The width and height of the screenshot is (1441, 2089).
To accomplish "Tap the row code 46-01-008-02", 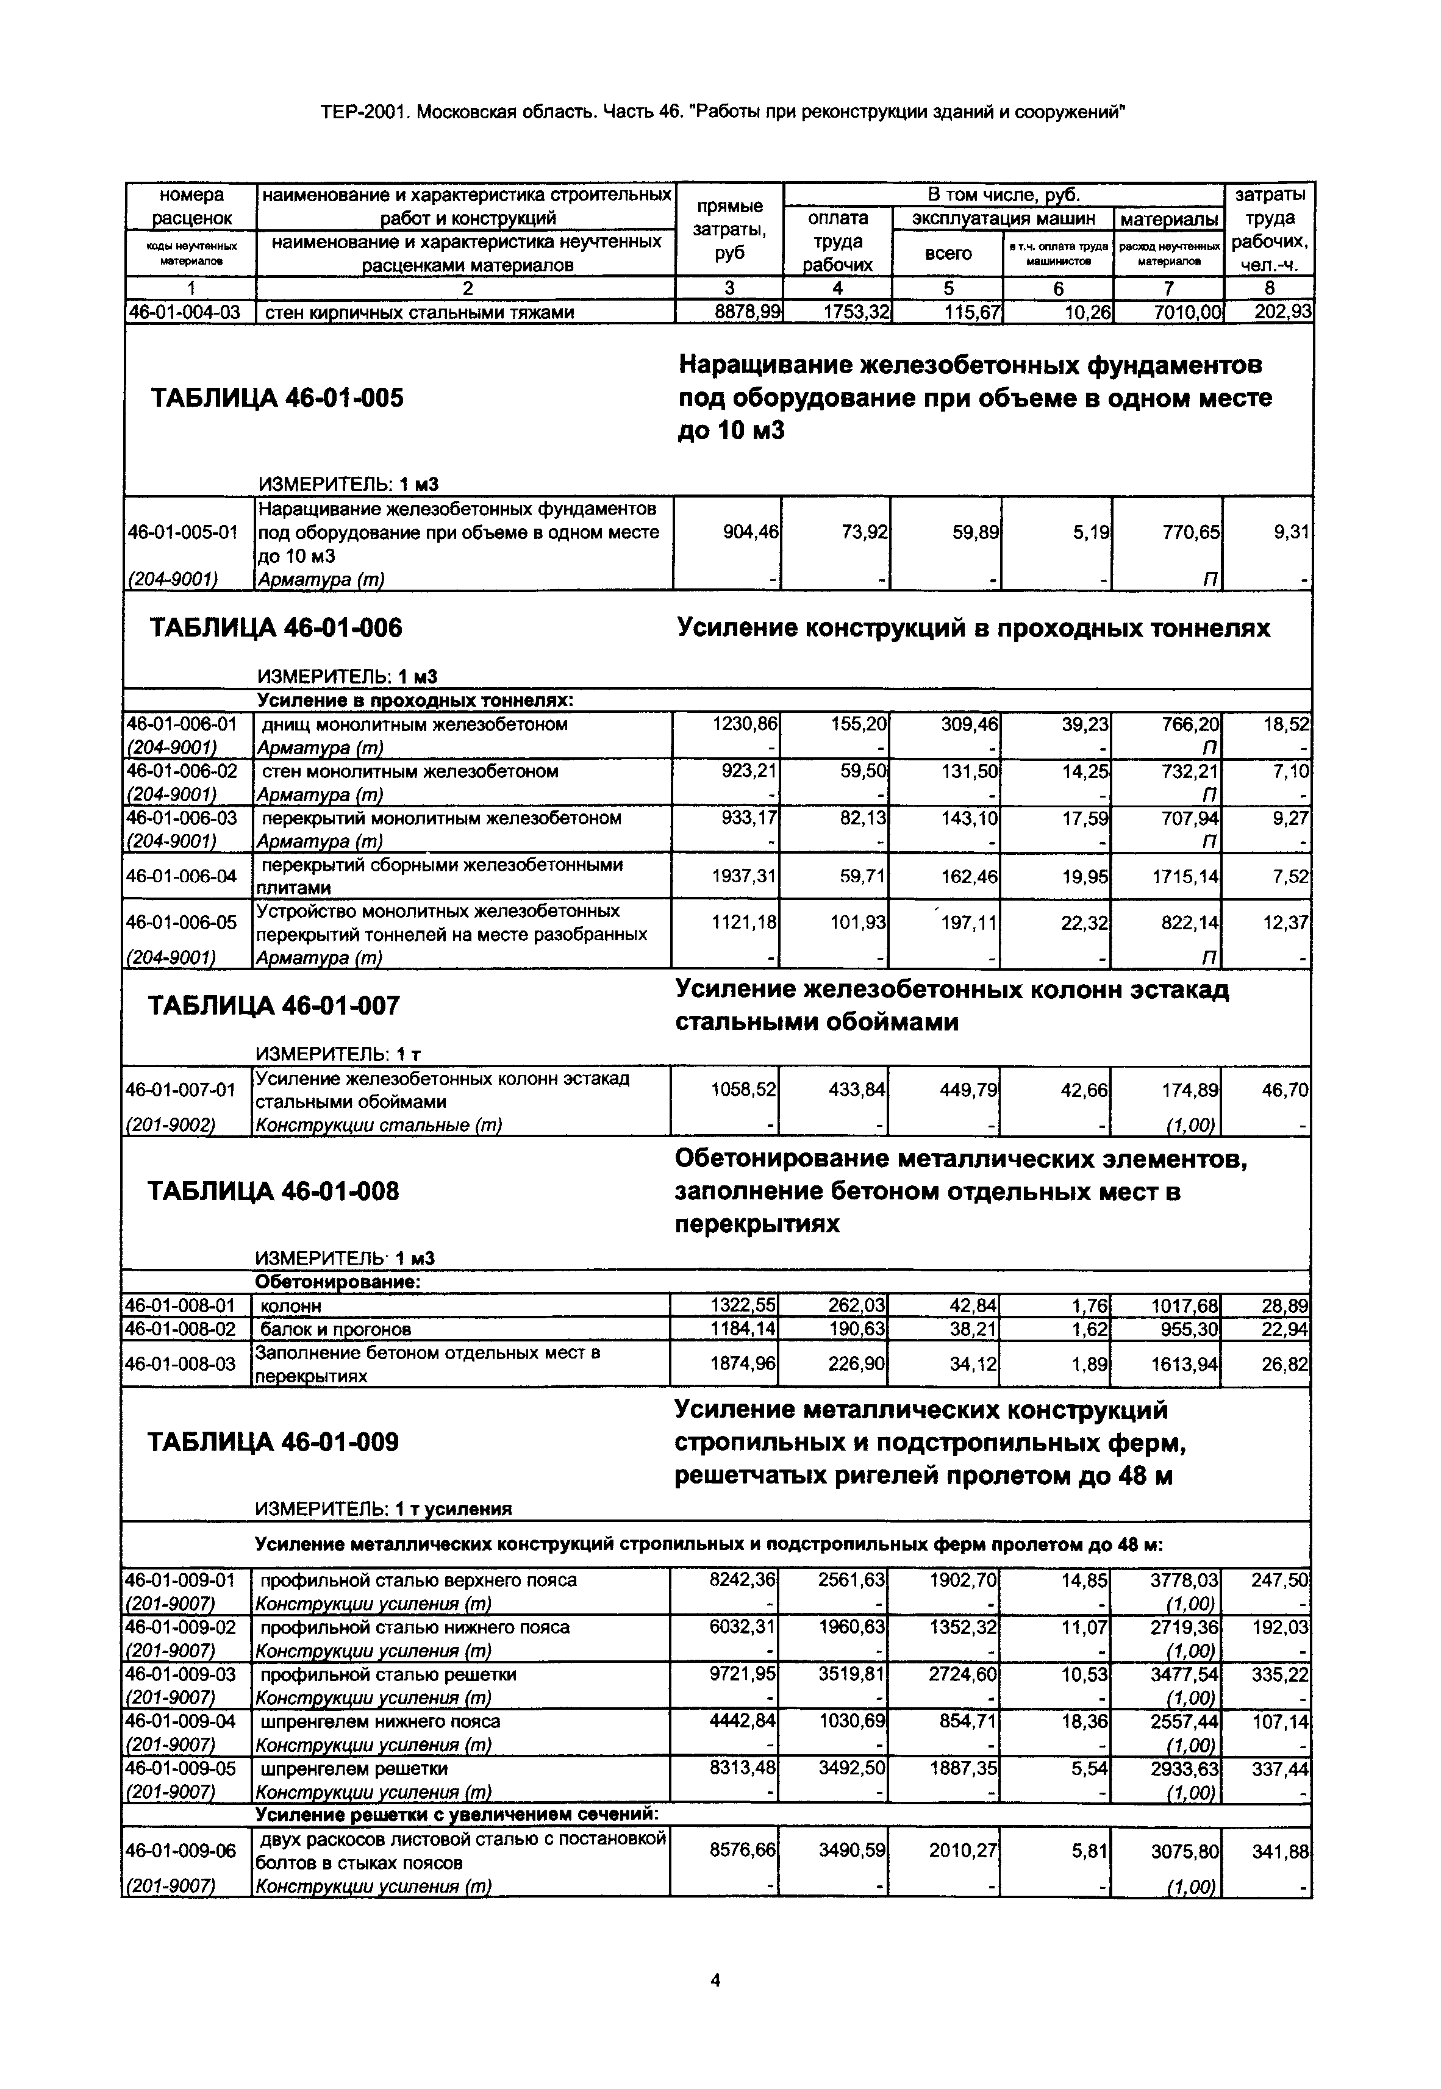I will [x=181, y=1329].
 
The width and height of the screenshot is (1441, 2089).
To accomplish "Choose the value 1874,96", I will [x=743, y=1363].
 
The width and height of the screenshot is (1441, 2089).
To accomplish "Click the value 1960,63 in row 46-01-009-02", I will [x=853, y=1627].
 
